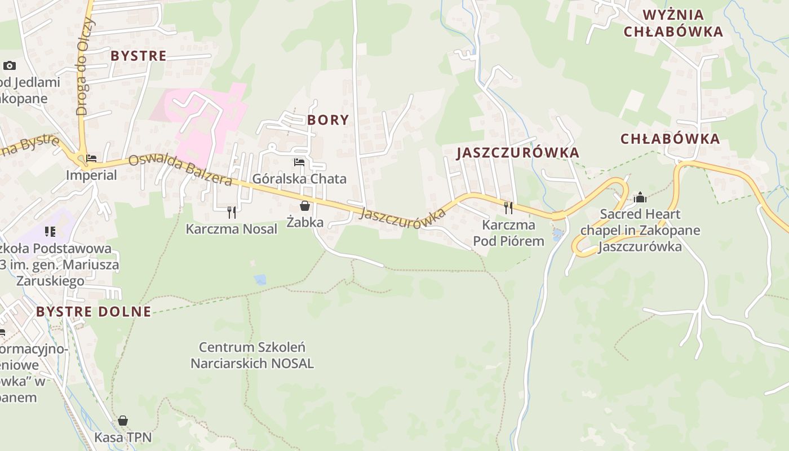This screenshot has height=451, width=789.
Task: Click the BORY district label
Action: point(328,120)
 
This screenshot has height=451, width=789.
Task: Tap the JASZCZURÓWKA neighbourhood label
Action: point(517,153)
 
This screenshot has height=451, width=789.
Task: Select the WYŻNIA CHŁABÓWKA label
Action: point(673,23)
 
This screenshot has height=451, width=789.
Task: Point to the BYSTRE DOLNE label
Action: point(94,312)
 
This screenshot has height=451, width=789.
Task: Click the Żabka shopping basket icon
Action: point(305,206)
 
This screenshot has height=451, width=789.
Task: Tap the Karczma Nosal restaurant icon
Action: point(231,212)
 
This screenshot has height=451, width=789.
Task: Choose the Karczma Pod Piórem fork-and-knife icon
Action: point(508,208)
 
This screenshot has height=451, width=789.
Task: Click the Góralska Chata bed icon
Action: point(299,162)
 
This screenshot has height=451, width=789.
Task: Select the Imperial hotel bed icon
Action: point(91,158)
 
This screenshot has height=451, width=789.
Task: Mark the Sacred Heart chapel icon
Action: point(640,197)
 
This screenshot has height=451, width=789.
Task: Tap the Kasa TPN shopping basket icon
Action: point(123,421)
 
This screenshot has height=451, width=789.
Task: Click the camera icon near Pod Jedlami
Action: point(10,65)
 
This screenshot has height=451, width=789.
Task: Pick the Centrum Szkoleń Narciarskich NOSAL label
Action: point(252,355)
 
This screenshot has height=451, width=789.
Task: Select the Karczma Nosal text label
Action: point(232,229)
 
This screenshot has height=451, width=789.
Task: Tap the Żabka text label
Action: point(305,222)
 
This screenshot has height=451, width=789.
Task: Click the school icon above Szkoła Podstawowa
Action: point(50,231)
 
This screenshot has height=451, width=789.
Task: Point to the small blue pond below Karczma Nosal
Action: point(260,280)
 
